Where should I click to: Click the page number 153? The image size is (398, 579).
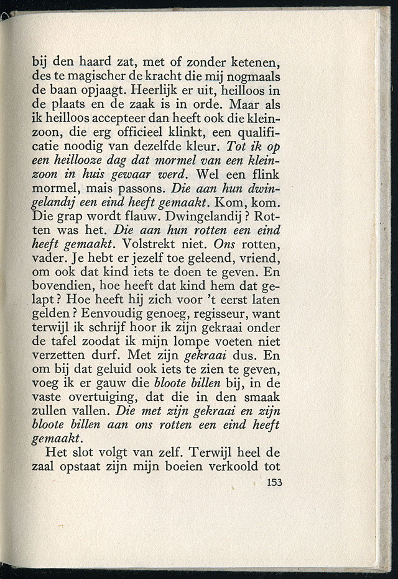tap(274, 482)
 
